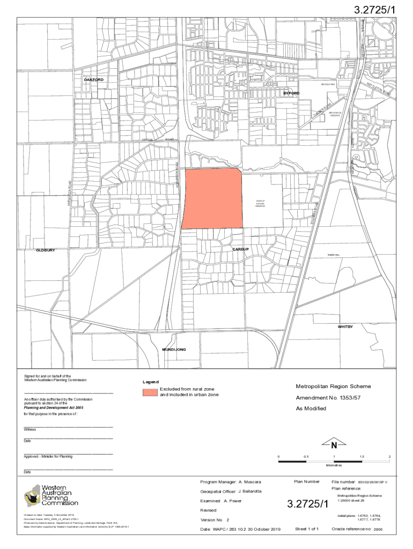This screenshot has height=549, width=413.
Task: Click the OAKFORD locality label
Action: tap(93, 80)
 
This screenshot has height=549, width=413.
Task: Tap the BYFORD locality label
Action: tap(292, 94)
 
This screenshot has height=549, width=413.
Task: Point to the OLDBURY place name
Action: tap(46, 250)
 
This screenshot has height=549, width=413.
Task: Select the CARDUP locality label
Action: tap(241, 250)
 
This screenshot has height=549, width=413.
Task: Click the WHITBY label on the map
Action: tap(345, 327)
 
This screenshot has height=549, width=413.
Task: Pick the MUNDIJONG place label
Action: tap(174, 350)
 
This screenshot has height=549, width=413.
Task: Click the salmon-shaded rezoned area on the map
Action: tap(212, 198)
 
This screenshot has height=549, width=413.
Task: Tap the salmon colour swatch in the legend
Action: tap(150, 391)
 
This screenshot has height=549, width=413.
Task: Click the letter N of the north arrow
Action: tap(334, 446)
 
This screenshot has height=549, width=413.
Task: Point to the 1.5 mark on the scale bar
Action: tap(362, 457)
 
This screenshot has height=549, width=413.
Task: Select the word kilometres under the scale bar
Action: tap(334, 465)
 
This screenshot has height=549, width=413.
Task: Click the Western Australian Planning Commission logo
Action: tap(51, 495)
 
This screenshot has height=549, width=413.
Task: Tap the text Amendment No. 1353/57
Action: tap(327, 398)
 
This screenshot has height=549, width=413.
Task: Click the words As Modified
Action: tap(311, 409)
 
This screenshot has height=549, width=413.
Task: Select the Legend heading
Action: tap(151, 382)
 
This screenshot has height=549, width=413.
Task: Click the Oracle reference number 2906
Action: tap(378, 529)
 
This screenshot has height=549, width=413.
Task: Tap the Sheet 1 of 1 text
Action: tap(307, 529)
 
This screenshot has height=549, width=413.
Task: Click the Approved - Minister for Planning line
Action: tap(48, 456)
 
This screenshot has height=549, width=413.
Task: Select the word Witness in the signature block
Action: tap(30, 429)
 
